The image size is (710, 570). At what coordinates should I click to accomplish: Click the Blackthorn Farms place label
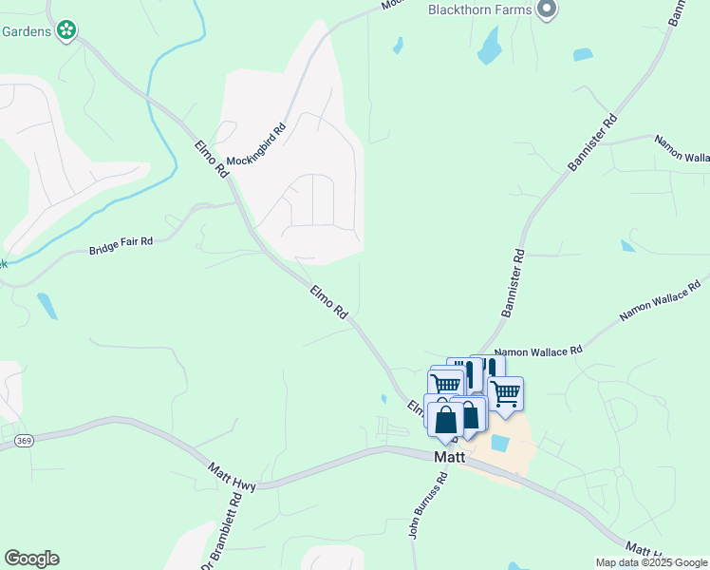pos(477,9)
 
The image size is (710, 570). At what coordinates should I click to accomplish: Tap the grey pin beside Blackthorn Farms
pos(546,9)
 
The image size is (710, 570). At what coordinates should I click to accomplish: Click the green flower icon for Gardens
pos(66,30)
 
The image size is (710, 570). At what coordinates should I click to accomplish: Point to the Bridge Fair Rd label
pos(121,247)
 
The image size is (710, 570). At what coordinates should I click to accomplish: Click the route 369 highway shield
pos(24,440)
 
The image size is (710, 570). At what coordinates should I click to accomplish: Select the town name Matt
pos(449,456)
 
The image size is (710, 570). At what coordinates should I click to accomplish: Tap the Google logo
pos(31,559)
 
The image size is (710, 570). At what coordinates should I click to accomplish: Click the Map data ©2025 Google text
pos(651,562)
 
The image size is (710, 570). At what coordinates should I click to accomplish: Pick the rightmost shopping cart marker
pos(505,391)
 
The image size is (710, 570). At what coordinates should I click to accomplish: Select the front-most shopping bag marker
pos(445,418)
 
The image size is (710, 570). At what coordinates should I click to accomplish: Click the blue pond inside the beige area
pos(499,442)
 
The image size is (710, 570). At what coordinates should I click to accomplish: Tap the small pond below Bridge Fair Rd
pos(46,305)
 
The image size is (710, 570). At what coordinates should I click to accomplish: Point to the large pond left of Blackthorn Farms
pos(490,44)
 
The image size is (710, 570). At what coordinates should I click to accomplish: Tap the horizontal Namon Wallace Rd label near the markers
pos(537,351)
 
